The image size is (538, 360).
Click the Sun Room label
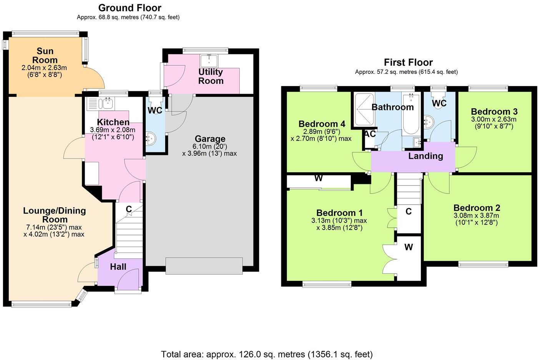(45, 55)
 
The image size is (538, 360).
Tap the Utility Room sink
(209, 61)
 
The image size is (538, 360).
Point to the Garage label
(210, 139)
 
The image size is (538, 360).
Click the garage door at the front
(204, 266)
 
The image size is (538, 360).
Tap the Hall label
(118, 267)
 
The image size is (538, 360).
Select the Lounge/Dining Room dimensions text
(54, 231)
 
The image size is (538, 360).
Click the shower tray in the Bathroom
(364, 109)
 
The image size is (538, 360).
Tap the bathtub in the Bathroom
(411, 114)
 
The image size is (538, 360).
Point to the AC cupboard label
(370, 134)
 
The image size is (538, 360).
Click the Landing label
(426, 156)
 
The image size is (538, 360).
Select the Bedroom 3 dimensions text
(494, 123)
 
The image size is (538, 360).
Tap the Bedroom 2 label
(477, 208)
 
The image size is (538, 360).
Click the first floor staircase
(409, 189)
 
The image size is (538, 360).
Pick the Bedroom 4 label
(322, 124)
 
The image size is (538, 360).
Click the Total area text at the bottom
(267, 354)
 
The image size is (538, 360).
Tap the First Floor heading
(408, 62)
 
